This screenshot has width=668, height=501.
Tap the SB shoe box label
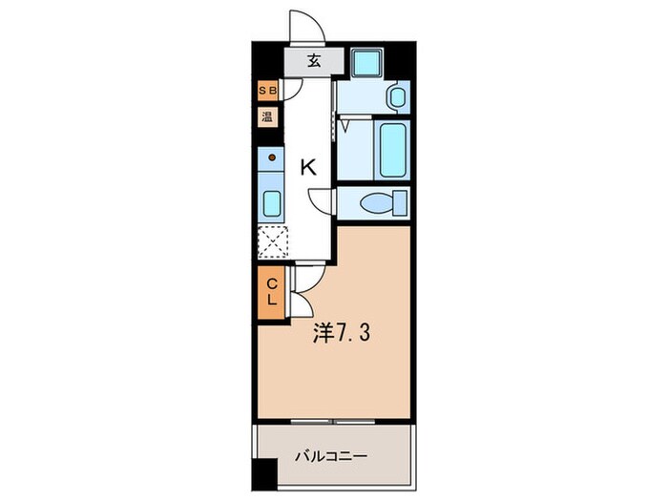point(269,93)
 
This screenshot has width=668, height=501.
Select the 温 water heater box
point(269,118)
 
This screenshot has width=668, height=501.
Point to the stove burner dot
point(271,157)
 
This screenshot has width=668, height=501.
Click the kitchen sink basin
point(271,202)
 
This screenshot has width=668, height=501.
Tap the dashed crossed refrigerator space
point(272,243)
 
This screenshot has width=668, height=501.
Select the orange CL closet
point(271,292)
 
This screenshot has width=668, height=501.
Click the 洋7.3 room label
point(341,334)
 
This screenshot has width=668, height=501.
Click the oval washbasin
point(398,96)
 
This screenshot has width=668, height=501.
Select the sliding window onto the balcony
point(334,421)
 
